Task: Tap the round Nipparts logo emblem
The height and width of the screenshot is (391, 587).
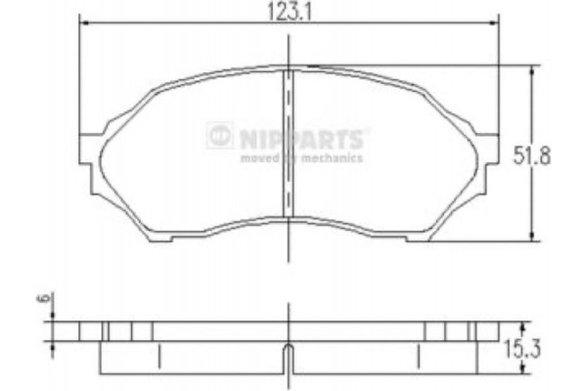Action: coord(220,136)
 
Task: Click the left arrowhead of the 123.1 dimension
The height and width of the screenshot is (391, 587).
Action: coord(82,25)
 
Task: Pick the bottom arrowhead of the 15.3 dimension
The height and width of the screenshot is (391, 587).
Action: coord(525,369)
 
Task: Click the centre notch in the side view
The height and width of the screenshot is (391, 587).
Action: coord(290,358)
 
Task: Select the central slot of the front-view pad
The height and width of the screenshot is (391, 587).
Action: coord(290,142)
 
